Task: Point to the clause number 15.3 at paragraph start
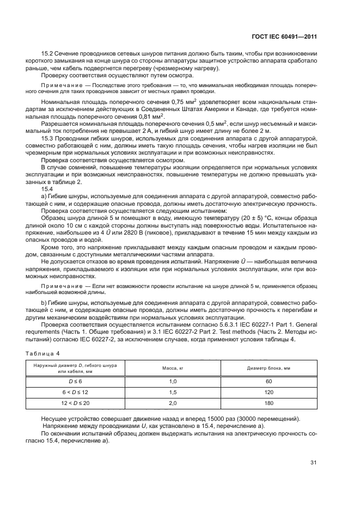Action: [47, 139]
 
